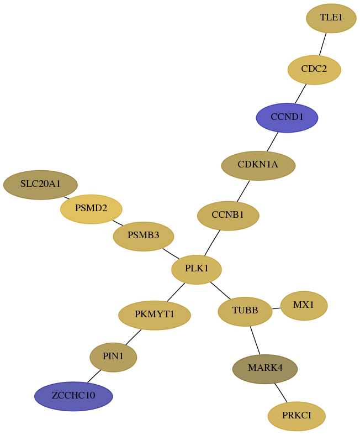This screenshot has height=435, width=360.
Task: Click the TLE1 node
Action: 331,18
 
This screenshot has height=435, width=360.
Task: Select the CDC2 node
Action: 314,70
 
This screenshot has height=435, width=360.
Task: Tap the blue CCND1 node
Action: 287,118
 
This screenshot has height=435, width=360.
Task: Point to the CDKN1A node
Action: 258,166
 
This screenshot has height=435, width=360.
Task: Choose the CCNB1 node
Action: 228,216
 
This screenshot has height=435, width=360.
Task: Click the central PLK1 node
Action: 197,269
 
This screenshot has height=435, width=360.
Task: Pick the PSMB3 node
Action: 144,237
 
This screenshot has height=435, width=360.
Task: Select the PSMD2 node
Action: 91,209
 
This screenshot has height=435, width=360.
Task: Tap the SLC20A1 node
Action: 40,185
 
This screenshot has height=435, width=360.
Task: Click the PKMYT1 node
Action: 155,315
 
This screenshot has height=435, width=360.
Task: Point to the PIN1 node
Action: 113,357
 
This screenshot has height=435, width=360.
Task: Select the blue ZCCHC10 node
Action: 73,396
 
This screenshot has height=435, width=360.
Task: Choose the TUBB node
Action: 245,311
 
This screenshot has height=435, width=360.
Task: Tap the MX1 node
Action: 304,306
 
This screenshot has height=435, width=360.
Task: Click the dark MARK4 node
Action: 265,369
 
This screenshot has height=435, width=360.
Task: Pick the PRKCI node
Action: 297,416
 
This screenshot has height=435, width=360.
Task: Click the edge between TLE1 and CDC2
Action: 323,44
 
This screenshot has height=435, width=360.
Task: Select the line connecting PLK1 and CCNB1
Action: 212,243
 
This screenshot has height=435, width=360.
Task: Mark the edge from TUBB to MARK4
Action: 255,340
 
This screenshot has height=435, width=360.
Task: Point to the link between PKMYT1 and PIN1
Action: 134,337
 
